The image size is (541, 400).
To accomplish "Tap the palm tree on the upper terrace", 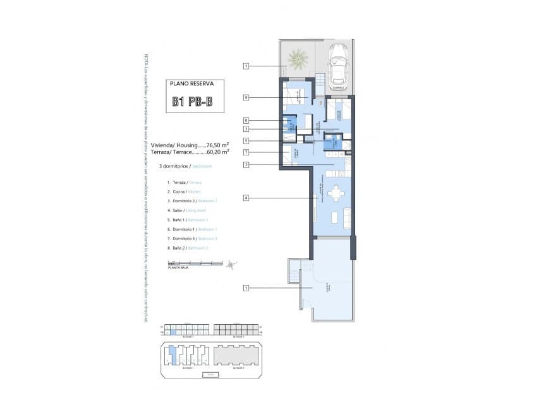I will [298, 60].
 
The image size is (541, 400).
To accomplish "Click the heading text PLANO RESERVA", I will [193, 83].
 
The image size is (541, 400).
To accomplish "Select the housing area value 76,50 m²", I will [214, 144].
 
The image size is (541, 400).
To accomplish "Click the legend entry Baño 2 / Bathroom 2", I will [189, 248].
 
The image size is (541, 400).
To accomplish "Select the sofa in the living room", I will [346, 218].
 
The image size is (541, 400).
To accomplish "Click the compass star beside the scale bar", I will [232, 265].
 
